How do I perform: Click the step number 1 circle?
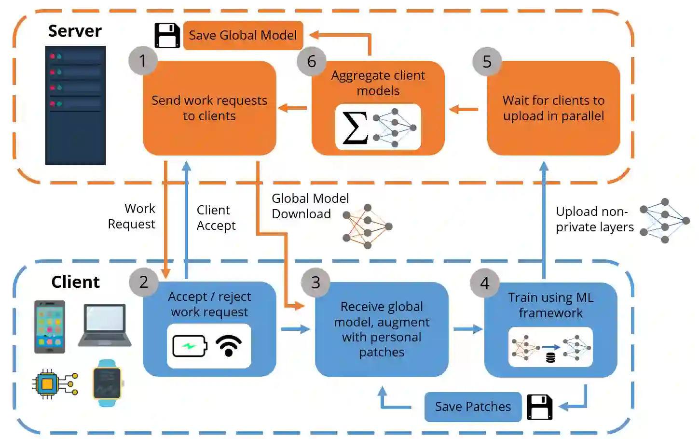click(x=143, y=60)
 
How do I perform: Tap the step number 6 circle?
click(x=312, y=61)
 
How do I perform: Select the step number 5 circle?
click(x=487, y=61)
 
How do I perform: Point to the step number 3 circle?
click(x=315, y=282)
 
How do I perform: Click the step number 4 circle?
click(x=485, y=283)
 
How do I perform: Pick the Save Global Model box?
click(x=243, y=35)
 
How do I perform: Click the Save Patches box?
click(x=473, y=407)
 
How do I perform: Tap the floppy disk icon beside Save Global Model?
click(x=167, y=35)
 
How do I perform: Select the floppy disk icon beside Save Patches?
click(x=539, y=407)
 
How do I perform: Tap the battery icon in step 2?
click(x=190, y=346)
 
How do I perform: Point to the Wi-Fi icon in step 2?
click(x=229, y=345)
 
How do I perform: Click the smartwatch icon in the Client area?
click(x=107, y=383)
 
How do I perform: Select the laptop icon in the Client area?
click(x=105, y=325)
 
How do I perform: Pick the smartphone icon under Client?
click(x=50, y=327)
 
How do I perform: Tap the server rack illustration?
click(x=75, y=105)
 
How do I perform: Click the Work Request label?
click(x=132, y=216)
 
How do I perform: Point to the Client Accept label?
click(x=216, y=218)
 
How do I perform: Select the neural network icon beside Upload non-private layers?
click(x=665, y=220)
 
